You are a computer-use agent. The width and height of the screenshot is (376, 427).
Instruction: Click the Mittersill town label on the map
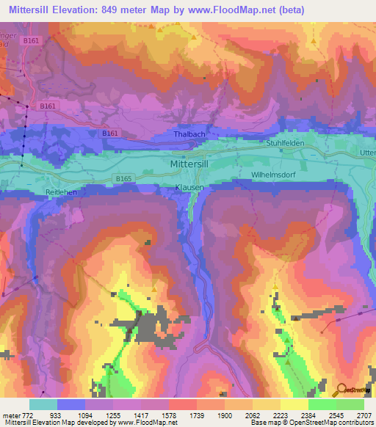(x=194, y=165)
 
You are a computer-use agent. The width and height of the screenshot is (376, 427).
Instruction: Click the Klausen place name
(x=189, y=188)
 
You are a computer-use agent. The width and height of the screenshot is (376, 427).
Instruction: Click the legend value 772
(x=27, y=415)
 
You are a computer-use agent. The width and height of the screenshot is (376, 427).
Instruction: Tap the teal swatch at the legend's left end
(x=43, y=404)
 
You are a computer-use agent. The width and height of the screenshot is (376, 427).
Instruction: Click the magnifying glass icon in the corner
(x=341, y=391)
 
